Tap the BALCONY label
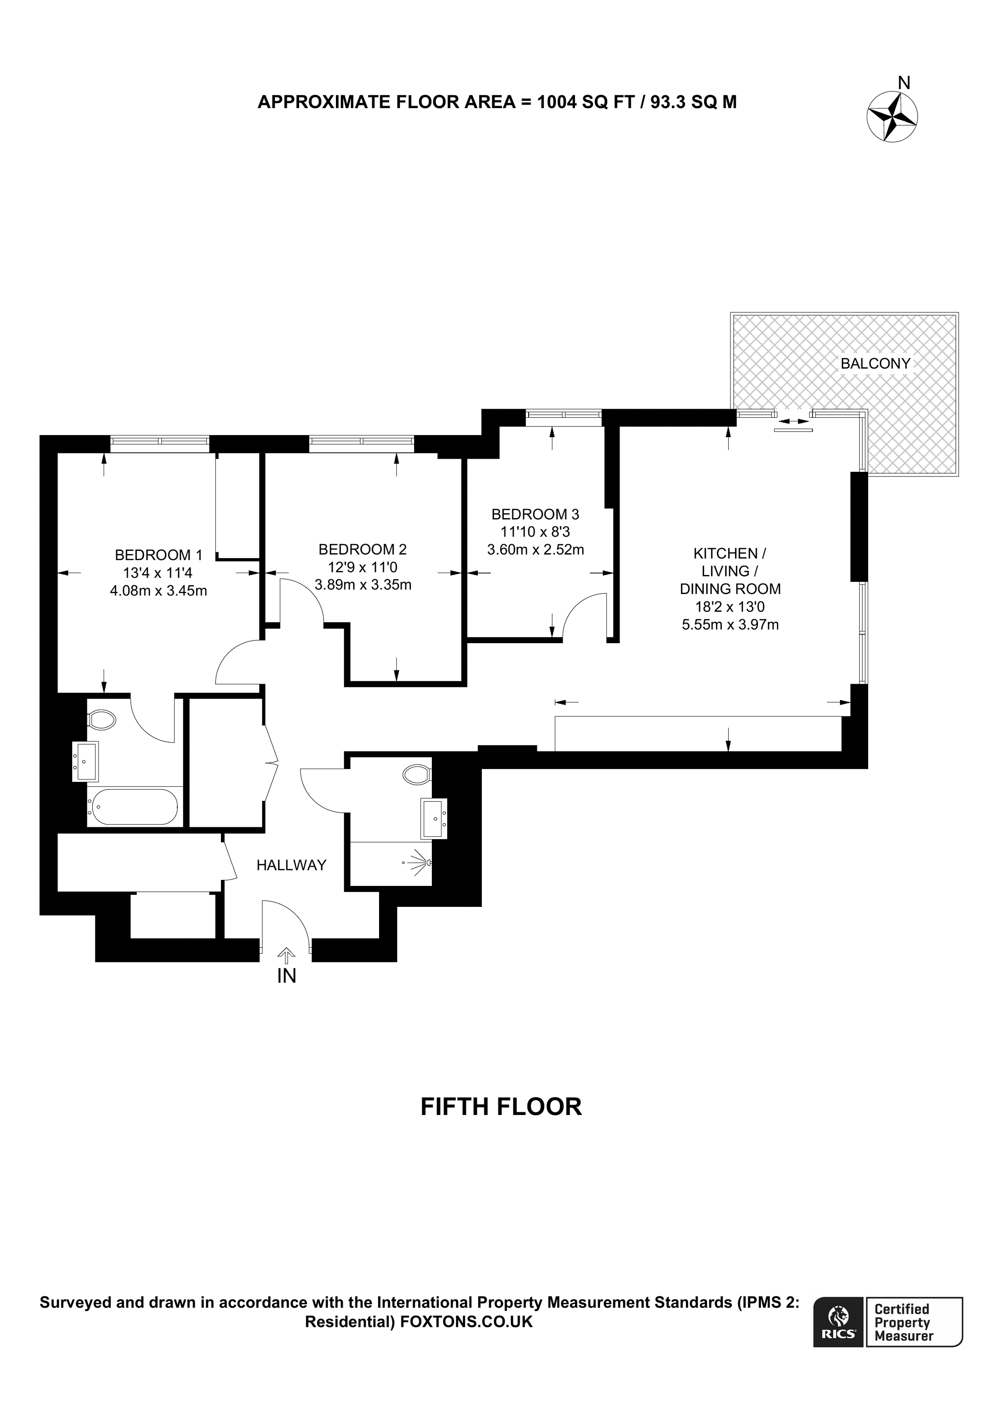pyautogui.click(x=875, y=364)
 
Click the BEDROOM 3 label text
pyautogui.click(x=535, y=514)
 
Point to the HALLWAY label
pyautogui.click(x=291, y=865)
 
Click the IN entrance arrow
pyautogui.click(x=285, y=956)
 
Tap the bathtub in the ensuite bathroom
pyautogui.click(x=133, y=807)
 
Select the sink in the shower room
pyautogui.click(x=434, y=819)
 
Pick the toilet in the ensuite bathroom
pyautogui.click(x=102, y=719)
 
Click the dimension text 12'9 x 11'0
pyautogui.click(x=362, y=567)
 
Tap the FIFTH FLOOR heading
pyautogui.click(x=501, y=1124)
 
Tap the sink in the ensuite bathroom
pyautogui.click(x=85, y=762)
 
